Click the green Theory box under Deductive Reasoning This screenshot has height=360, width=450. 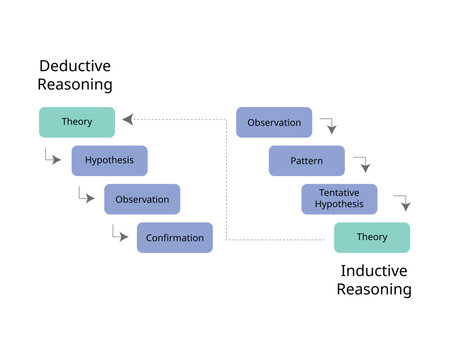[76, 122]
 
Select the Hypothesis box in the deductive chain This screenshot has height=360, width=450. [109, 160]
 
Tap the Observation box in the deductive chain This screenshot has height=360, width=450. [142, 199]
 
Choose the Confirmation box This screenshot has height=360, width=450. [175, 238]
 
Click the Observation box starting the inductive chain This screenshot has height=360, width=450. [274, 122]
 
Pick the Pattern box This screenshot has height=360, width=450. [306, 160]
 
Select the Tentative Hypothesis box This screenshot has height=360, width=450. [339, 199]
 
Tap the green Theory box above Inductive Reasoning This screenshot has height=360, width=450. [372, 237]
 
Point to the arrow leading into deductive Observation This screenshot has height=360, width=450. [86, 196]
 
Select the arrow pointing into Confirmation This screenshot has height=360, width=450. [120, 236]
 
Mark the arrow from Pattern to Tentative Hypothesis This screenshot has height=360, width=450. [362, 164]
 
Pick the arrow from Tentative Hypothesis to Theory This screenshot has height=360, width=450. [402, 202]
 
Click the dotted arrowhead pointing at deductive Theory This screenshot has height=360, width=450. [127, 121]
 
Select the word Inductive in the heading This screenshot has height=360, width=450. [374, 270]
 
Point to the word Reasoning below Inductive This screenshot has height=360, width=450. [374, 290]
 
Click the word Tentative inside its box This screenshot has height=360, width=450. [339, 192]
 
